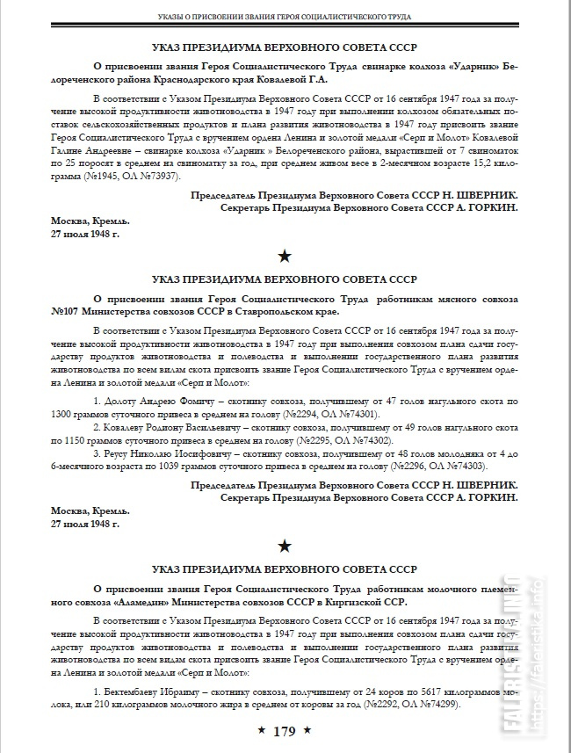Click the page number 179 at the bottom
(x=285, y=731)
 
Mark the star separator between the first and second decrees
(x=285, y=257)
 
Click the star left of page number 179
(x=260, y=731)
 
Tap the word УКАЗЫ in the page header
(x=176, y=16)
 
